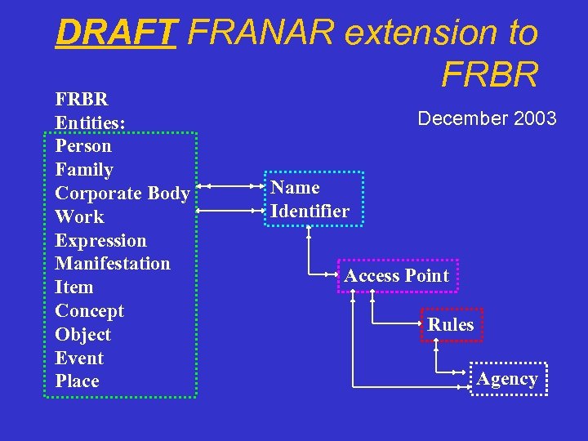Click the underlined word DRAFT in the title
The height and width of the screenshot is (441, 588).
[115, 33]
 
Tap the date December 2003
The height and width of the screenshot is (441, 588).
[487, 119]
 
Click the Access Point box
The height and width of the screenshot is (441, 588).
[397, 276]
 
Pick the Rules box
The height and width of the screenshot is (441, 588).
[451, 325]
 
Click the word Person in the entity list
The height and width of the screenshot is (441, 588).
[83, 147]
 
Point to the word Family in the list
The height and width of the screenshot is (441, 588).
[84, 170]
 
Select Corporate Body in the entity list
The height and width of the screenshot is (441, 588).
[122, 194]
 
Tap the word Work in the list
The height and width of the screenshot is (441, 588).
[79, 217]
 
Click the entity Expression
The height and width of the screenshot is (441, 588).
[100, 241]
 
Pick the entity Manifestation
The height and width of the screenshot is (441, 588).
[113, 264]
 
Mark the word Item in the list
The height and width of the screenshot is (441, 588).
[74, 287]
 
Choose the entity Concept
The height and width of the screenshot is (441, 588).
[89, 311]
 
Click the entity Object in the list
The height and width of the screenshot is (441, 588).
[82, 335]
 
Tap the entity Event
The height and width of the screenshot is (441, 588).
[79, 359]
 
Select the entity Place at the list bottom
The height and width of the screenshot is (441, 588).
[77, 381]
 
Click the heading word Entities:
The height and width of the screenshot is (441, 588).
[90, 123]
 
